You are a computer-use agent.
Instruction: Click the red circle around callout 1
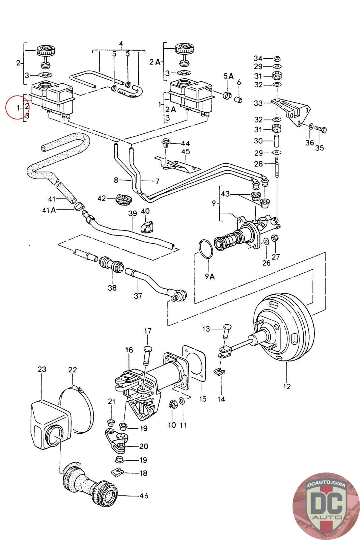click(x=6, y=107)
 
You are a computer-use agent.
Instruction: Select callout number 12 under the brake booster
click(x=287, y=386)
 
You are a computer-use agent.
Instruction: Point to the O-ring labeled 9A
click(x=206, y=249)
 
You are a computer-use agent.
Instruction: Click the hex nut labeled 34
click(x=277, y=58)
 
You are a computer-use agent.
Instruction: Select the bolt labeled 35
click(x=321, y=130)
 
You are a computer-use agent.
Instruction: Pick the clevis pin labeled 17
click(x=147, y=356)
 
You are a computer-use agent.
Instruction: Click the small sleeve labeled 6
click(x=239, y=100)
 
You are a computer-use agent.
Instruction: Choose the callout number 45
click(x=186, y=152)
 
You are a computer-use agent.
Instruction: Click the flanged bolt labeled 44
click(x=166, y=143)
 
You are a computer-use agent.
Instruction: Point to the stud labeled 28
click(x=277, y=167)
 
